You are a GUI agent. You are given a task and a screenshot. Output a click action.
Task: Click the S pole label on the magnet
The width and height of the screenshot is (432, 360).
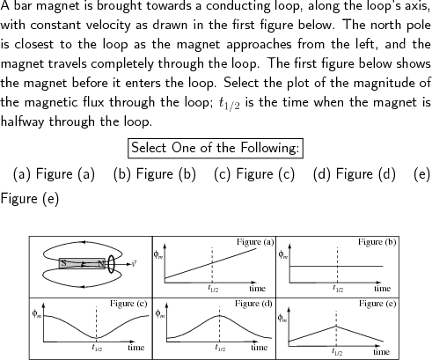click(63, 262)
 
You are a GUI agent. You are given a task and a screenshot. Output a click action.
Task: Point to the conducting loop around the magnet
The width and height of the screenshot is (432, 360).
click(112, 262)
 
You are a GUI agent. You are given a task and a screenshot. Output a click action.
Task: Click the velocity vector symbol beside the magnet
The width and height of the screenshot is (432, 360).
click(131, 262)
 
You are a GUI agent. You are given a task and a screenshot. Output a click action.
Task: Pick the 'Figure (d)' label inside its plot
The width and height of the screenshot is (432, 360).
click(253, 304)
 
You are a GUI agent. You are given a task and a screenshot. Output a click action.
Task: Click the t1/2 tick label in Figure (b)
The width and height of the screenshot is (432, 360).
click(337, 288)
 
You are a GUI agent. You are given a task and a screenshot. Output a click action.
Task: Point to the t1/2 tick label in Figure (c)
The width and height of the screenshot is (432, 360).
click(96, 349)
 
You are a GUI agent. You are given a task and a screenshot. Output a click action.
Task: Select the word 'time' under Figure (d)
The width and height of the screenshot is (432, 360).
click(257, 348)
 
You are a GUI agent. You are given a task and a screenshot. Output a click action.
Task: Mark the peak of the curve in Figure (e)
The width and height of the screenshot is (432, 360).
click(336, 326)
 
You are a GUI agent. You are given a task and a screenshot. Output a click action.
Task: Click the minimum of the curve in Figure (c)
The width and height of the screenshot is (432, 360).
click(96, 338)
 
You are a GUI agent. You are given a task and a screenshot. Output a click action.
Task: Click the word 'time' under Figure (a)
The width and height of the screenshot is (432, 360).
click(257, 287)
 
